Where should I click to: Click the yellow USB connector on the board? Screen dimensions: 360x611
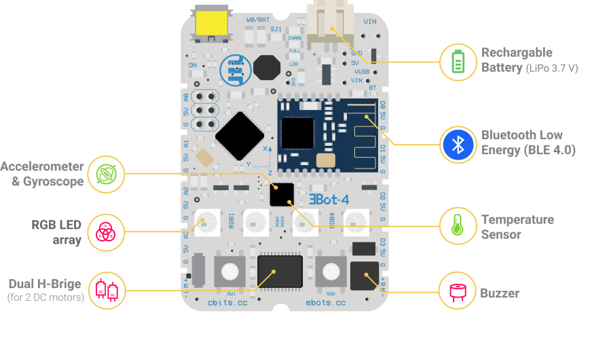click(211, 24)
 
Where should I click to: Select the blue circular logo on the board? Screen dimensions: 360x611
click(236, 69)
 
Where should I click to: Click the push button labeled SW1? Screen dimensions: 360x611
click(229, 271)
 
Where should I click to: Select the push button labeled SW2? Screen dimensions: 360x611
click(331, 272)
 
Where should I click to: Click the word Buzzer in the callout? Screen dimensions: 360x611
click(500, 293)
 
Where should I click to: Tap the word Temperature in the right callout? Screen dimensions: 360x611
click(517, 219)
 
